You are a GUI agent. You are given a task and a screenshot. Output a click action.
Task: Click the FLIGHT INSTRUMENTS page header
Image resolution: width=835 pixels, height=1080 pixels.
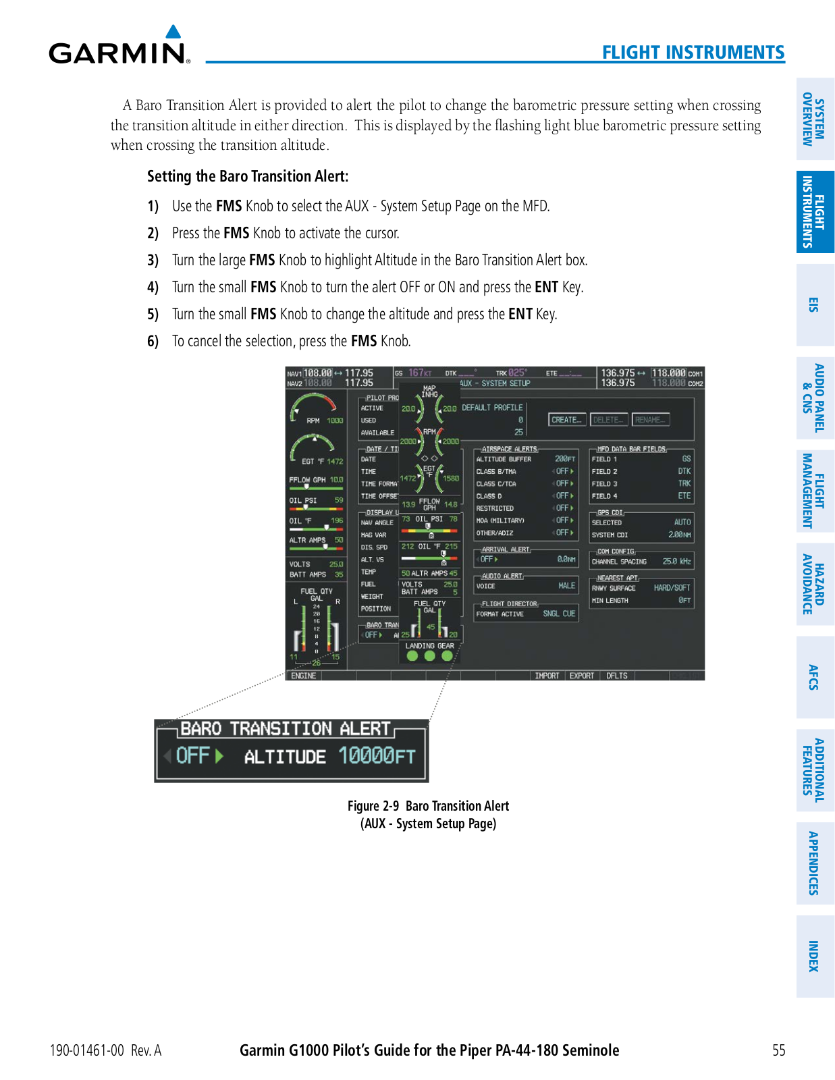(693, 53)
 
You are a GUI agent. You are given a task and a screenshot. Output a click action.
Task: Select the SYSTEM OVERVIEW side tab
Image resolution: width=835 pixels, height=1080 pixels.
(815, 119)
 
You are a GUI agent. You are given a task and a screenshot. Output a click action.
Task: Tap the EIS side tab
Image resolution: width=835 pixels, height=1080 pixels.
(815, 304)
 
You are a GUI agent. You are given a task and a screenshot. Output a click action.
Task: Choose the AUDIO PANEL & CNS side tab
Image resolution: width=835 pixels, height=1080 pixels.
(815, 398)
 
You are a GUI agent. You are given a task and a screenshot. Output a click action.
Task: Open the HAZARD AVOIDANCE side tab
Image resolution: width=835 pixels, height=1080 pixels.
(815, 584)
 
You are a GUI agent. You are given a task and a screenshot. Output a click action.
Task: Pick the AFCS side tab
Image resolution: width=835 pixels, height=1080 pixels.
(815, 677)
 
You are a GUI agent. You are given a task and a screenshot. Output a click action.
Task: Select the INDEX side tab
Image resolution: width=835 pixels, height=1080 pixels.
(815, 956)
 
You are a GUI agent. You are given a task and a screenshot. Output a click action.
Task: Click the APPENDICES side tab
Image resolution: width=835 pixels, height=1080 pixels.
(815, 863)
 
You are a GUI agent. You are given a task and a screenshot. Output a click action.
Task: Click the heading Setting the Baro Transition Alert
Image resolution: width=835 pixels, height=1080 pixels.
(248, 177)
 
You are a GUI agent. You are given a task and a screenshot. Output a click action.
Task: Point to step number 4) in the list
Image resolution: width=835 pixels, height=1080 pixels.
(153, 288)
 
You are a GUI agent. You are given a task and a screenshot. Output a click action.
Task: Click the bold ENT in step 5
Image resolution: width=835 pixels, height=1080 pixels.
(520, 315)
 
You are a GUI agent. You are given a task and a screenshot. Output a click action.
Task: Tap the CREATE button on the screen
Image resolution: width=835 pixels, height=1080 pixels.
(566, 420)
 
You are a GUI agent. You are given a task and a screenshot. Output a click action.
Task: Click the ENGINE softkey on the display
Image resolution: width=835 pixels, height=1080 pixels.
(303, 676)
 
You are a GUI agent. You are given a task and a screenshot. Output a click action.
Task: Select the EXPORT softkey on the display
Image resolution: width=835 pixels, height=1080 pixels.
(581, 676)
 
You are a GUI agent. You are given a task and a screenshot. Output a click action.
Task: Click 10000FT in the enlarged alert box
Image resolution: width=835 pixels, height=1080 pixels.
(377, 755)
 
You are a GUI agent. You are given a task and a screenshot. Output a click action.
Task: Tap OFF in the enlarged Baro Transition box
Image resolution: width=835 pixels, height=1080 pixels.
(193, 755)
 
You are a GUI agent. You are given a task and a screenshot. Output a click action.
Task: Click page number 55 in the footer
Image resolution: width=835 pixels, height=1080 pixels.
(779, 1050)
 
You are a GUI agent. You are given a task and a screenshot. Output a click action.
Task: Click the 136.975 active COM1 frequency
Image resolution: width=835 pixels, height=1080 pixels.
(618, 373)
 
